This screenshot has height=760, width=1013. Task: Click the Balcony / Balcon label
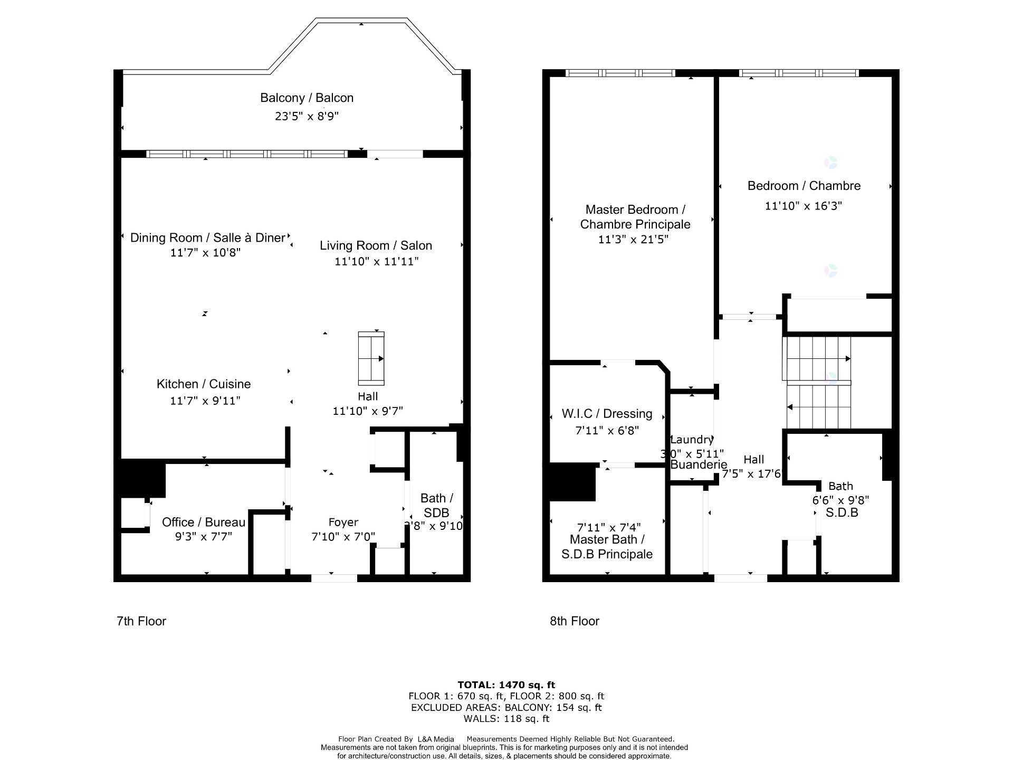(x=307, y=98)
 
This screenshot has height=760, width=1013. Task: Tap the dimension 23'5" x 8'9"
(x=307, y=116)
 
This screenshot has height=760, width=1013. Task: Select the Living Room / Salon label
(x=376, y=245)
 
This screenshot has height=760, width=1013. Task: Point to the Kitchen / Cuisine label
(x=204, y=384)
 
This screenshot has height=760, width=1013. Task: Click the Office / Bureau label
(x=204, y=522)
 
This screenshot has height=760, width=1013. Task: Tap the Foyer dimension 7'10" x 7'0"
(x=343, y=537)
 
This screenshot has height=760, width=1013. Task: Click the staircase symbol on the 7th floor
(x=371, y=358)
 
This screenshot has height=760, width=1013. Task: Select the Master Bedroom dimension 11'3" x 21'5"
(x=633, y=239)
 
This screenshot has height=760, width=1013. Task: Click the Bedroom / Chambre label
(x=804, y=186)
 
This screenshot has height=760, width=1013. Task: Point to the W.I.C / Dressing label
(x=607, y=414)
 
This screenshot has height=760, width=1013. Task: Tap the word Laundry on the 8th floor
(x=691, y=440)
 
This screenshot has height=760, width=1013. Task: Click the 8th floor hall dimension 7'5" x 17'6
(x=751, y=474)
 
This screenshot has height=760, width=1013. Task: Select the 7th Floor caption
(x=141, y=621)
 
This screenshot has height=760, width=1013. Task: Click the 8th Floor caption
(x=575, y=621)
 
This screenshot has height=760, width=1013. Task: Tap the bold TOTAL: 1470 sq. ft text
(x=506, y=685)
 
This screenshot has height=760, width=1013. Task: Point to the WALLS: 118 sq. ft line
(x=506, y=719)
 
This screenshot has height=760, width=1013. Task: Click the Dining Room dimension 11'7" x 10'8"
(x=205, y=253)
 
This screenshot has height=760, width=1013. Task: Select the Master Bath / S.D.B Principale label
(x=607, y=547)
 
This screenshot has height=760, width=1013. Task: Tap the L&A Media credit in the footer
(x=435, y=739)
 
